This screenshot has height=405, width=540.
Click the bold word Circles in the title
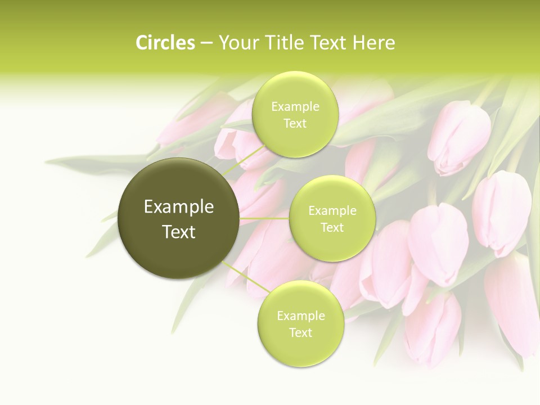coord(165,43)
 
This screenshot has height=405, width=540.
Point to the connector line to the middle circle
coord(264,218)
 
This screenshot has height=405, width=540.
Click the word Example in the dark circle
coord(179,207)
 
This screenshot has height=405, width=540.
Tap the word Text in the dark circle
coord(179,232)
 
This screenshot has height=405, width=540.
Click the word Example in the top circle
coord(295,107)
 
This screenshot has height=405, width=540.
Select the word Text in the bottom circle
coord(300,332)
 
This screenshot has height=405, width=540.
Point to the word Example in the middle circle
coord(332,211)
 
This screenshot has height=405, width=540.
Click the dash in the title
coord(206,43)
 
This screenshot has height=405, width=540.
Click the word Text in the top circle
coord(295,124)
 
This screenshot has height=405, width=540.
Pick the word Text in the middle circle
coord(332,228)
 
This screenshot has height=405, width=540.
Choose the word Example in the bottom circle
coord(300,316)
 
